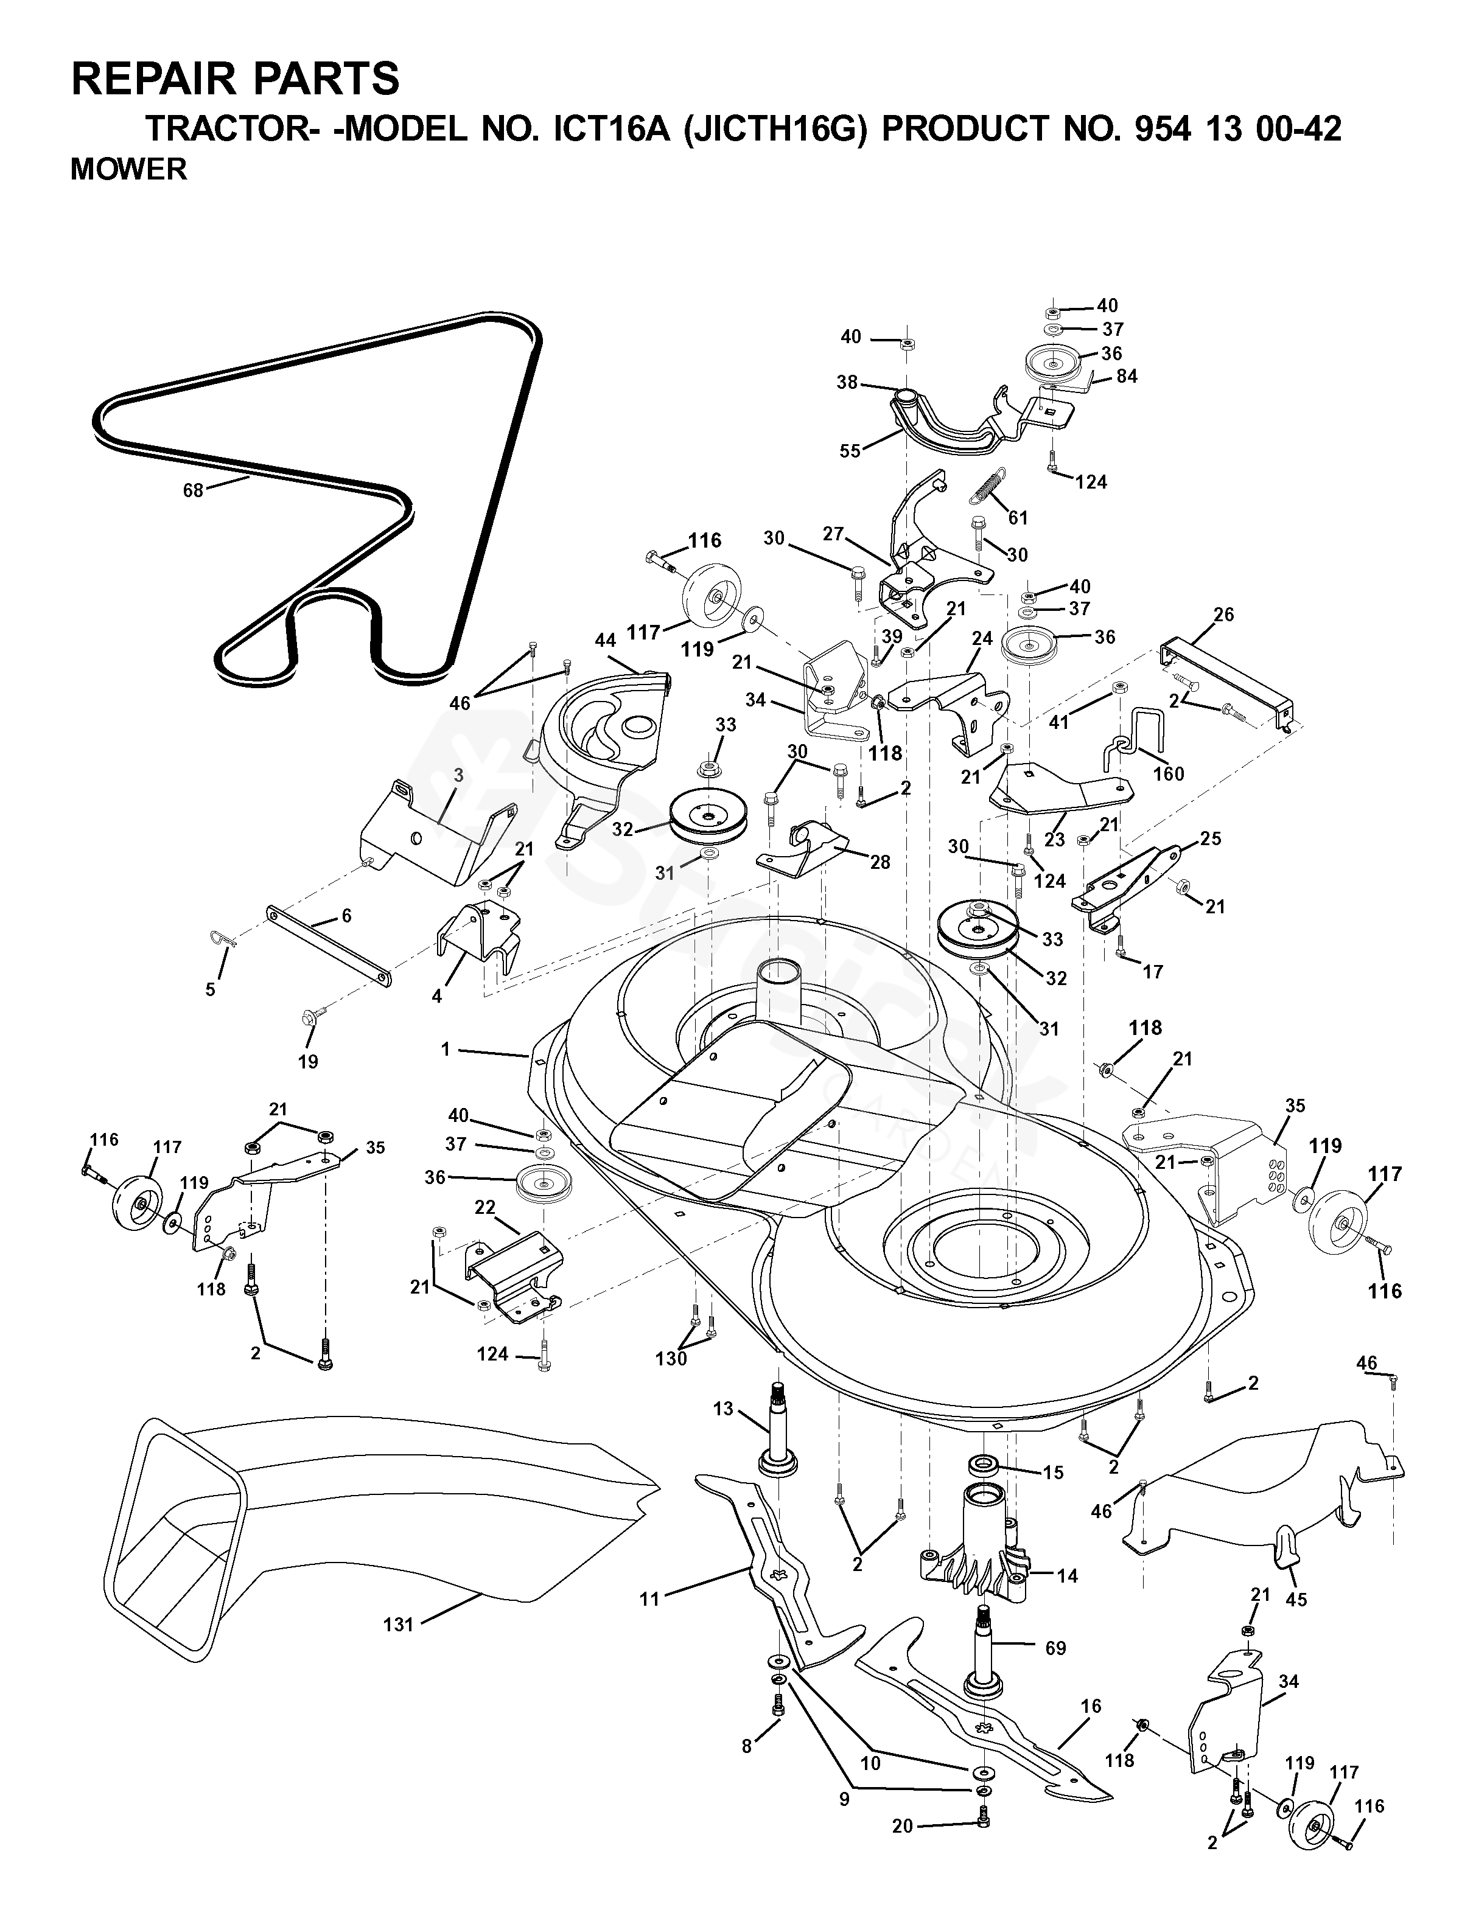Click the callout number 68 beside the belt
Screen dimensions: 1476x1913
pyautogui.click(x=193, y=490)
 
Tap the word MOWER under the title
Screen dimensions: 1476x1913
pyautogui.click(x=129, y=169)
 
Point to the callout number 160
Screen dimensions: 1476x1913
pyautogui.click(x=1169, y=773)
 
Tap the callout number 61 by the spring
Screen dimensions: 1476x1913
pyautogui.click(x=1017, y=518)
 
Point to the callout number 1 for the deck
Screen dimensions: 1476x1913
pyautogui.click(x=446, y=1048)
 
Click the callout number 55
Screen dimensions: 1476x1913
pyautogui.click(x=850, y=451)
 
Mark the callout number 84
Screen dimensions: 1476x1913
pyautogui.click(x=1127, y=376)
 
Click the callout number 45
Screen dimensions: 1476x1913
pyautogui.click(x=1296, y=1600)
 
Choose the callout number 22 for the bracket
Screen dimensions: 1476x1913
pyautogui.click(x=485, y=1207)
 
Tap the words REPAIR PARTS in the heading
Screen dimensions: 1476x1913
pyautogui.click(x=235, y=79)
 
